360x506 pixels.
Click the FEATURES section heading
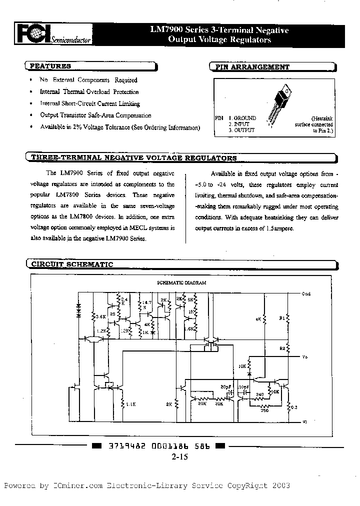[x=50, y=66]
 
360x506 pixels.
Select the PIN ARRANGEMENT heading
[x=251, y=66]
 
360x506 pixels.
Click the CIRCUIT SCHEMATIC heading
[x=72, y=264]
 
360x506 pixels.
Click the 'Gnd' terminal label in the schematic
[x=306, y=294]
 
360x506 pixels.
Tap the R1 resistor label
[x=280, y=317]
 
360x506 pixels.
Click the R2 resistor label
[x=282, y=347]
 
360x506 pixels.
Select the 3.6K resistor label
[x=99, y=316]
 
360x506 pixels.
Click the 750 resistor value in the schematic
[x=264, y=410]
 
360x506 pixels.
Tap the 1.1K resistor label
[x=131, y=403]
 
